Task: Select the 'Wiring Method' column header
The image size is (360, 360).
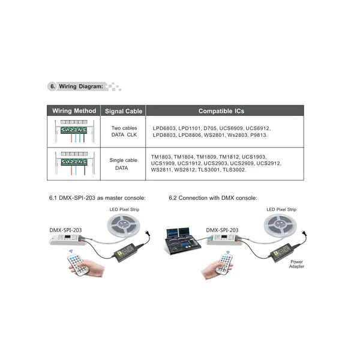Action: [74, 111]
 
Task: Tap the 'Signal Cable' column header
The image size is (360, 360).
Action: [124, 111]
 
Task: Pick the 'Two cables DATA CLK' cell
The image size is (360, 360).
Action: [124, 131]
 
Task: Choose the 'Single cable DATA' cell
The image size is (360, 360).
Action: [123, 164]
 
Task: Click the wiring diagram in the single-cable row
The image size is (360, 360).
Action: [73, 163]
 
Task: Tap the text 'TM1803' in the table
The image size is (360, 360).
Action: [163, 156]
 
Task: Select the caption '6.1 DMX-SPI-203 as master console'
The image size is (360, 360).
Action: [97, 197]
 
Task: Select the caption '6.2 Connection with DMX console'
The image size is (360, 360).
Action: [213, 197]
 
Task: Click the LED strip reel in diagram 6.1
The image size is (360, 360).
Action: [124, 226]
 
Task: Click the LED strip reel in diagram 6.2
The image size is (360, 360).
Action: [281, 226]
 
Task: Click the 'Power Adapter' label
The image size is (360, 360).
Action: [297, 264]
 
